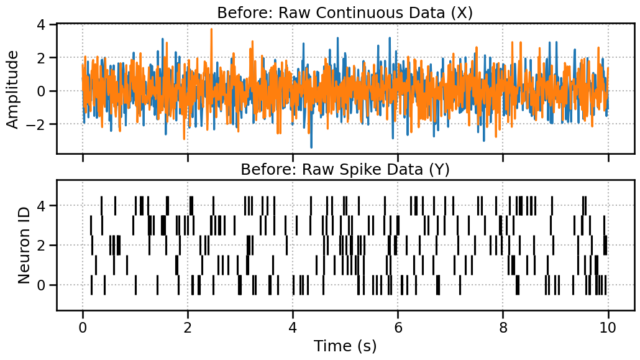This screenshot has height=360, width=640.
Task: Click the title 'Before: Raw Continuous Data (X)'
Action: click(345, 12)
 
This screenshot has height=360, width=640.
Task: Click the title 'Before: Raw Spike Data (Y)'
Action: click(345, 169)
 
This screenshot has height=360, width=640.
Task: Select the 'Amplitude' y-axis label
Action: click(12, 89)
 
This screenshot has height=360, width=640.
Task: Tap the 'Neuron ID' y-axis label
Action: click(24, 245)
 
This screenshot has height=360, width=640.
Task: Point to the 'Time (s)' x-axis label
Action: click(345, 346)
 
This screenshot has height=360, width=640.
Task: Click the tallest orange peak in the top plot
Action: click(211, 29)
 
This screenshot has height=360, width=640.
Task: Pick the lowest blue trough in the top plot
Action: click(311, 147)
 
